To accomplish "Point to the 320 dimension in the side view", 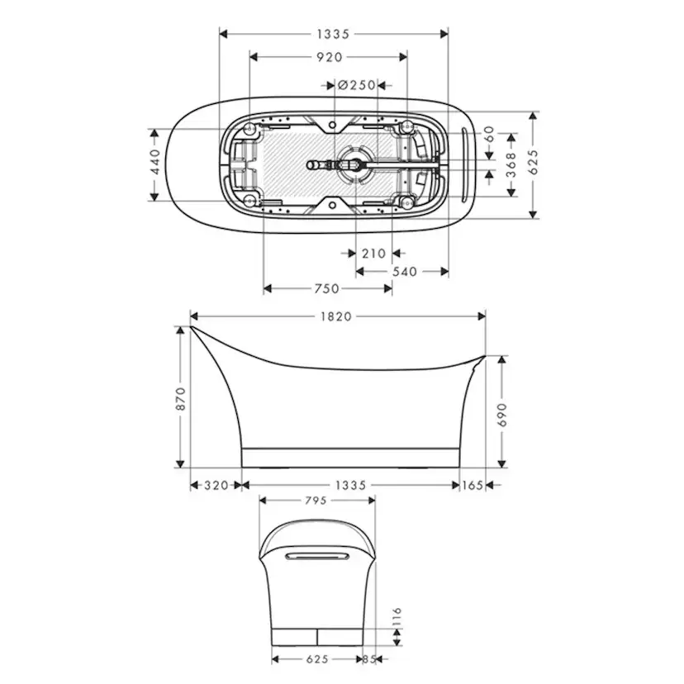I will tap(216, 486).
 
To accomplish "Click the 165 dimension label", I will tap(472, 486).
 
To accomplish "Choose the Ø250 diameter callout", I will tap(357, 84).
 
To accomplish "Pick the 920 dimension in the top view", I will tap(329, 57).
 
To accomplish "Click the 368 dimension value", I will tap(511, 164).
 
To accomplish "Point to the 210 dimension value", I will tap(374, 254).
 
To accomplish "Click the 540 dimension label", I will tap(403, 271).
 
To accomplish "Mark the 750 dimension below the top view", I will tap(327, 288).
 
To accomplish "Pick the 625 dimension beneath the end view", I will tap(316, 659).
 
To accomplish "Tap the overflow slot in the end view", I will tap(316, 558).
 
